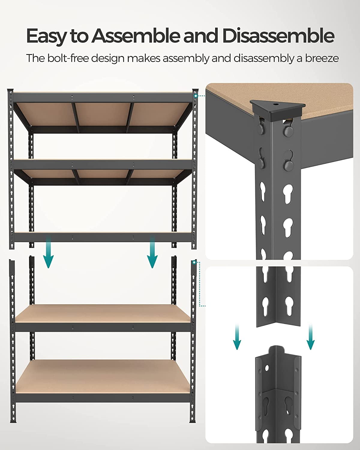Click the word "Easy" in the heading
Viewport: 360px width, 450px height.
point(46,36)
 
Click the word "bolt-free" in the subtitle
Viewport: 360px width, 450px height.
point(65,58)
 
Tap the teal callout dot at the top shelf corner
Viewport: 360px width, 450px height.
point(195,96)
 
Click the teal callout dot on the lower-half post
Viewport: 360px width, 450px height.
point(194,262)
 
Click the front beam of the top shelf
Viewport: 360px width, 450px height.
point(103,98)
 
